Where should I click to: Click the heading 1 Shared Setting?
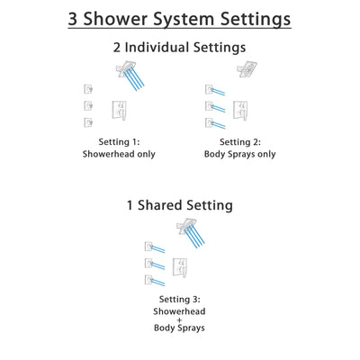[179, 205]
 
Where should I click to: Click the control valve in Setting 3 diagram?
[181, 267]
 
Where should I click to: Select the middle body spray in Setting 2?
[211, 105]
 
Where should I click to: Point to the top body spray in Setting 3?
[149, 246]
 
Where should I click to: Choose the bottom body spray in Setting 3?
[149, 281]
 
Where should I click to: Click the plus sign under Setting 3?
[181, 320]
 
